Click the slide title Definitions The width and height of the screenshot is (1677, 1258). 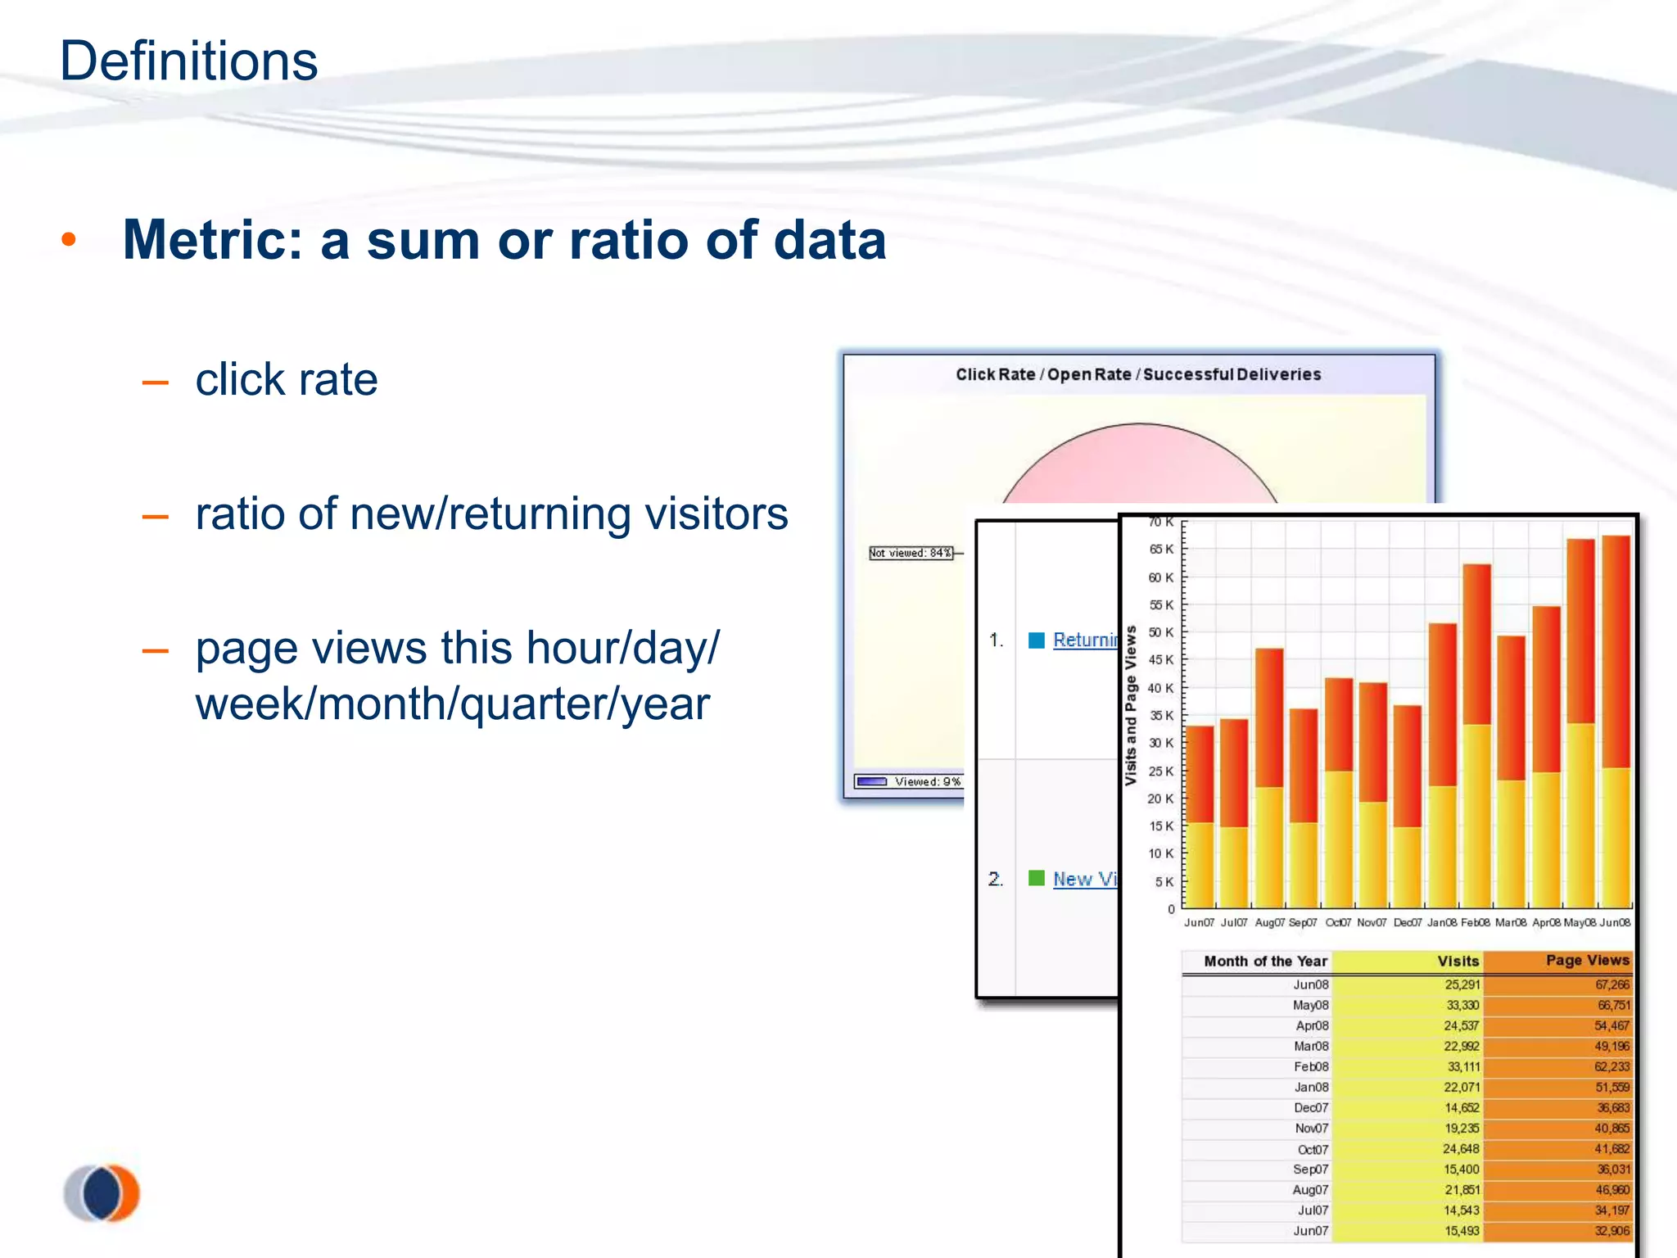(x=188, y=61)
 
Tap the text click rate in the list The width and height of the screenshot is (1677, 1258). (x=287, y=379)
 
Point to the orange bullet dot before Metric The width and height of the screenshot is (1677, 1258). (x=69, y=240)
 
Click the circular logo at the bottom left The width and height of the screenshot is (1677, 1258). (x=103, y=1193)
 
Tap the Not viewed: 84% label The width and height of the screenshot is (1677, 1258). (x=911, y=553)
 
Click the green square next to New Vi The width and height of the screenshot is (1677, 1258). (x=1037, y=878)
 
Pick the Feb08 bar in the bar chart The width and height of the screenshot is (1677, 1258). (x=1476, y=737)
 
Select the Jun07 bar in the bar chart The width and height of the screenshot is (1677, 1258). (x=1200, y=819)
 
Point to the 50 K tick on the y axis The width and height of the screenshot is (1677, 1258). (x=1160, y=632)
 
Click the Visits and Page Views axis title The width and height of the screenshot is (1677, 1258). (x=1131, y=705)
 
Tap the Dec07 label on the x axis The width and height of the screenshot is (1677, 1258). (x=1408, y=923)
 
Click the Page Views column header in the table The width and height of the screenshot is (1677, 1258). (x=1587, y=960)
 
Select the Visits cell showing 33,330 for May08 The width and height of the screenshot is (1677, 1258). (x=1462, y=1005)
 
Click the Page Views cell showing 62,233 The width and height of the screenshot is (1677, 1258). (x=1611, y=1066)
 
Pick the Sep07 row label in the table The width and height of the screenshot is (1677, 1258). (x=1310, y=1170)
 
